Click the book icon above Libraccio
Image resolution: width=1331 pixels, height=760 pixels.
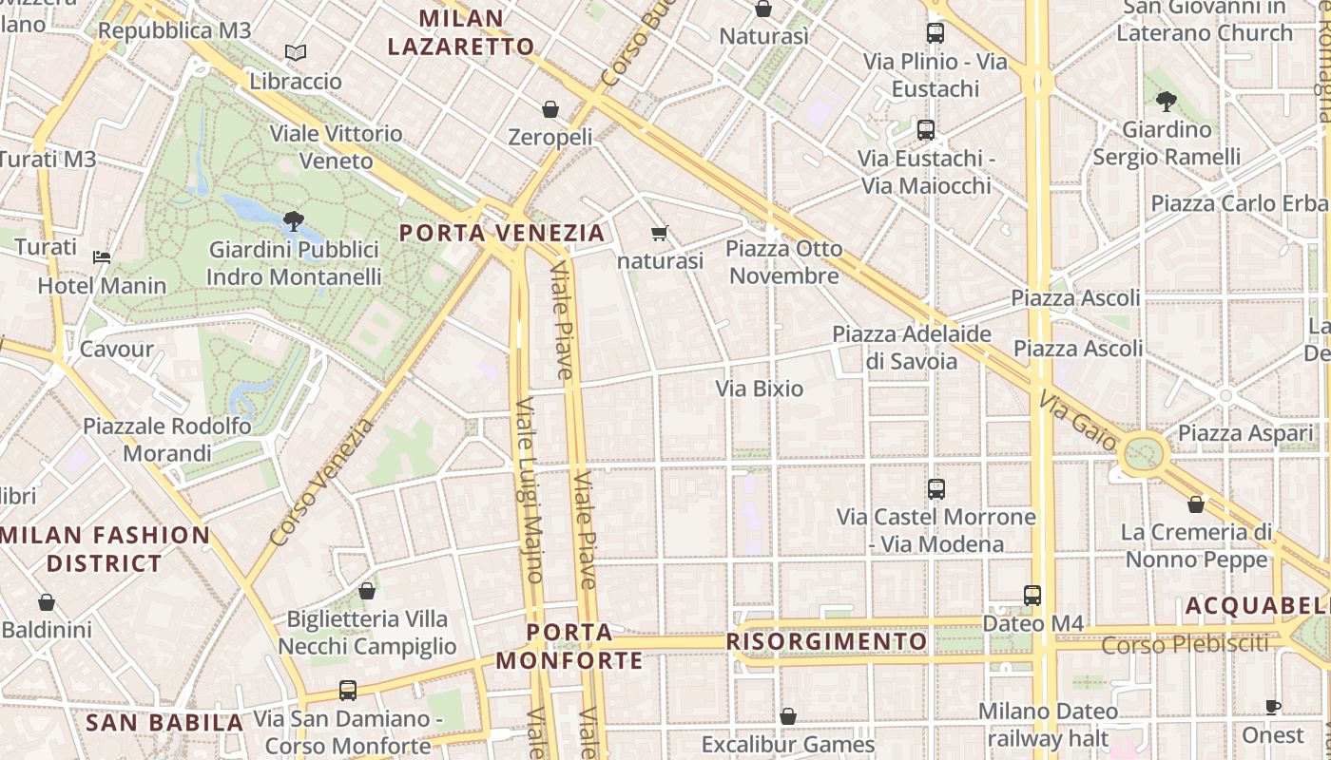296,53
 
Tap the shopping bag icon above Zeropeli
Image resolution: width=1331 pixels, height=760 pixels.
550,109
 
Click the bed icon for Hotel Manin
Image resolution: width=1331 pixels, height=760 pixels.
102,256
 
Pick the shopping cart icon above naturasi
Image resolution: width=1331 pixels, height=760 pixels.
660,233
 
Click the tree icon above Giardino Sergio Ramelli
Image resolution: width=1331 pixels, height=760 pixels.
1167,102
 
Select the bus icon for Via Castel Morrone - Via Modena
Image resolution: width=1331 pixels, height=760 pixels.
936,489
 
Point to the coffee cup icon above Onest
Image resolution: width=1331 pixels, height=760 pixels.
1273,707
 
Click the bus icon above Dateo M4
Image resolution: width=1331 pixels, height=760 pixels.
1032,596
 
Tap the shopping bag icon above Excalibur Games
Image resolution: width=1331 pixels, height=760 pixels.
787,715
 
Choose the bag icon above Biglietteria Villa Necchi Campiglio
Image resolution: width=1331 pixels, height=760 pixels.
367,591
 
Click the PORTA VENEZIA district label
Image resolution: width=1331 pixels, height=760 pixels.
502,233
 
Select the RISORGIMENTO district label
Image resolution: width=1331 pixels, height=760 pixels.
826,641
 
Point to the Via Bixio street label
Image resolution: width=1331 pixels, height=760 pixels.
759,389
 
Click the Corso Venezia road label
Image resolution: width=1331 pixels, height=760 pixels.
322,484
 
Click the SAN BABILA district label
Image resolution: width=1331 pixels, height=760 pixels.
164,723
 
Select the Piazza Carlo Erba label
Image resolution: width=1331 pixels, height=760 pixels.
1239,203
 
